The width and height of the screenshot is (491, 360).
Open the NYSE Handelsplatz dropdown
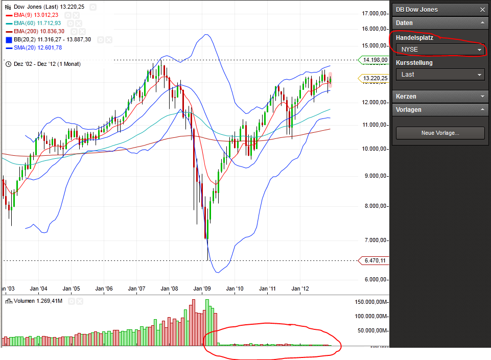440,50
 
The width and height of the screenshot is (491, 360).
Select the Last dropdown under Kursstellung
440,75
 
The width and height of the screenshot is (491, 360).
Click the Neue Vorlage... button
440,133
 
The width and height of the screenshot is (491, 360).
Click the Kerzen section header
440,96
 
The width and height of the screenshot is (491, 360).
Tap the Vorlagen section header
440,109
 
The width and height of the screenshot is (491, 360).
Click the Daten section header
440,23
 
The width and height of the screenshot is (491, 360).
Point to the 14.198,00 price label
375,60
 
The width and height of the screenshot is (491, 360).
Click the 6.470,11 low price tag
375,260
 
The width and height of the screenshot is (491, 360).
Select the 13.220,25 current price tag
375,78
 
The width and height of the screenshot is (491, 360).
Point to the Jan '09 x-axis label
203,289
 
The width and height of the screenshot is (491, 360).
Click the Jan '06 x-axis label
105,289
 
